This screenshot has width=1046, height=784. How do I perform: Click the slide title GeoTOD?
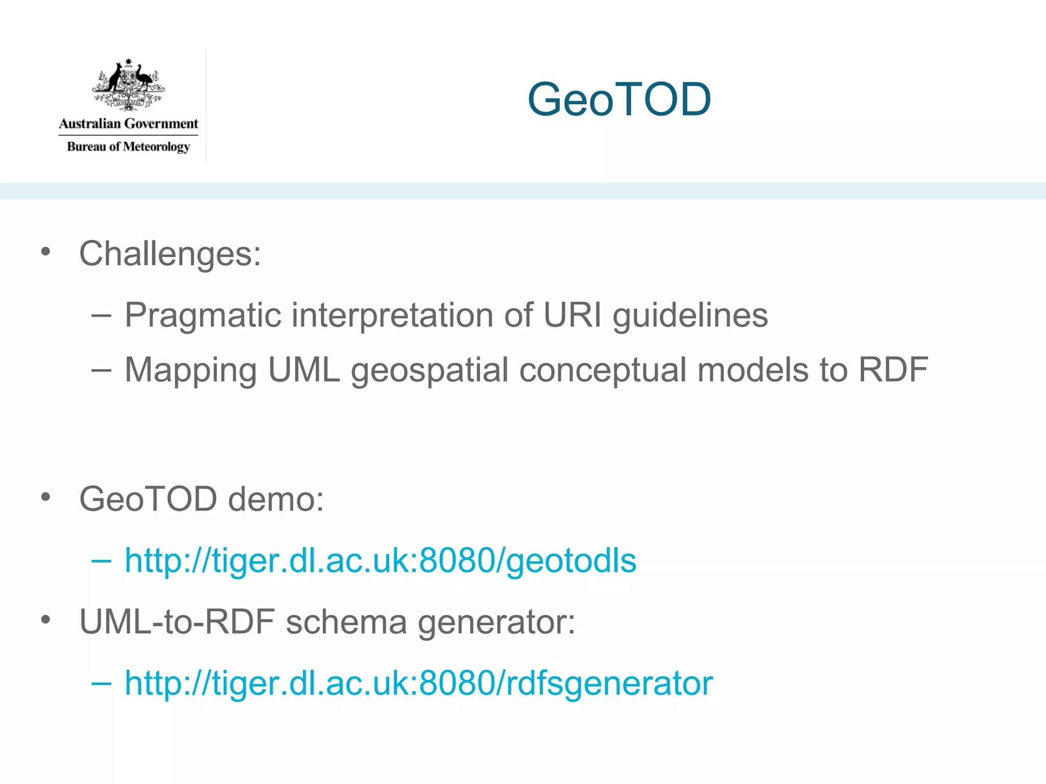point(619,99)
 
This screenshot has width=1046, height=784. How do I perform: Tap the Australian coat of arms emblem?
point(128,85)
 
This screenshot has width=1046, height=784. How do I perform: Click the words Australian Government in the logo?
point(128,124)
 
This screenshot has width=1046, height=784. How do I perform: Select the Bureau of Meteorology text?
point(128,147)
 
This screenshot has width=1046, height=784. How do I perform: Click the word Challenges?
point(170,254)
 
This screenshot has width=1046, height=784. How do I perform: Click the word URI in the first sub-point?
point(572,314)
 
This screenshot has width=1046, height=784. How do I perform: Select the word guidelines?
point(690,315)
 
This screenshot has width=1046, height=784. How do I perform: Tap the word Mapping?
point(191,370)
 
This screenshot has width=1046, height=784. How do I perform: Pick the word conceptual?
point(603,370)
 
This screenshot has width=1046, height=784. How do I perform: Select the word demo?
point(275,499)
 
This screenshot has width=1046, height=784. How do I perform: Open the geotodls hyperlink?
point(381,560)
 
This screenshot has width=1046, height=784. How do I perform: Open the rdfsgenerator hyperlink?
point(419,683)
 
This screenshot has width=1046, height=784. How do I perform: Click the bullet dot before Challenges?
point(46,251)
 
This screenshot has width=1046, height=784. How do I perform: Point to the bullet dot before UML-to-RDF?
point(46,620)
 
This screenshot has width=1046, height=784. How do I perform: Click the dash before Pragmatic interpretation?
point(101,315)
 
